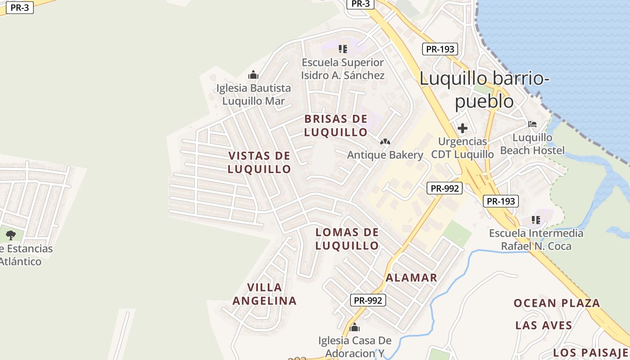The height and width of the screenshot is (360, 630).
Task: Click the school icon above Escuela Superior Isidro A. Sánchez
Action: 343,49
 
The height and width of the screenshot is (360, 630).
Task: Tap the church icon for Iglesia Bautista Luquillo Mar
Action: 253,75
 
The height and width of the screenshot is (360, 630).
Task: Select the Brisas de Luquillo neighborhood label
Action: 336,126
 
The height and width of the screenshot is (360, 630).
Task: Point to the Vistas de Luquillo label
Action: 259,162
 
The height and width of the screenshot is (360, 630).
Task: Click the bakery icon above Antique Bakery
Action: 385,142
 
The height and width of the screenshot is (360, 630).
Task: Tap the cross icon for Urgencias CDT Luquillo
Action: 462,129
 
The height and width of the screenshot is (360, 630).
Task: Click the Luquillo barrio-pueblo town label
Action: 484,90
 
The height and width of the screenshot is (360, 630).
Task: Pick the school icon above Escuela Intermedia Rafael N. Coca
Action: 535,220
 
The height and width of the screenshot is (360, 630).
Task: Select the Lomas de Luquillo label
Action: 347,239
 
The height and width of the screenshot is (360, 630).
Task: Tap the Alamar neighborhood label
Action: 411,278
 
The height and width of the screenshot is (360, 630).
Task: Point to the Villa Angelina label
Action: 265,294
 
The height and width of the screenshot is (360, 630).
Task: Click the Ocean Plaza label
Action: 557,303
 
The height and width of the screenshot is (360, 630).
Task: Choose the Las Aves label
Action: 544,325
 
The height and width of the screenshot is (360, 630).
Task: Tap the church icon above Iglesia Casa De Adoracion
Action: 355,327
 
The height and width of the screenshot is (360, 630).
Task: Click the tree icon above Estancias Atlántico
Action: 11,234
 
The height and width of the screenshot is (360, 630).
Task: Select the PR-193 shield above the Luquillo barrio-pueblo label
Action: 440,49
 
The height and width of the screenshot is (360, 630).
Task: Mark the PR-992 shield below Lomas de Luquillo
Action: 368,300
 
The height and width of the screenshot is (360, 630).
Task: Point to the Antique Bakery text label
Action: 385,155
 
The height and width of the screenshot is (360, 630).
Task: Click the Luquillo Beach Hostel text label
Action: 532,144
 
